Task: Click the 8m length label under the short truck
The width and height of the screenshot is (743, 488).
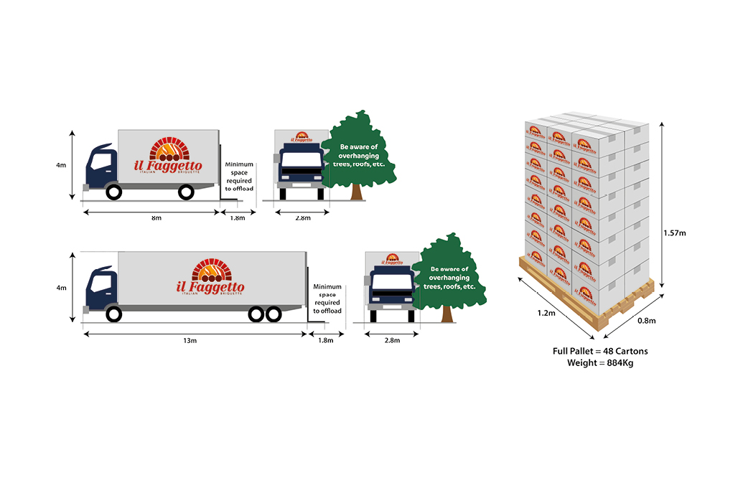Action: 156,217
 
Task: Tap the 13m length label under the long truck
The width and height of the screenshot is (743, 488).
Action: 190,340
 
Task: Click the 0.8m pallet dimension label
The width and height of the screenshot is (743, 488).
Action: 646,321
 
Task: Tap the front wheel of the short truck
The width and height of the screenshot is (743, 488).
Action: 113,192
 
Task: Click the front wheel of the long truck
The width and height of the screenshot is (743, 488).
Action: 113,314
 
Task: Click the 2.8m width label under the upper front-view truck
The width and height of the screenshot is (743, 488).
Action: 302,217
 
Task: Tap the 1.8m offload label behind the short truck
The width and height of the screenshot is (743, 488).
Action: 237,217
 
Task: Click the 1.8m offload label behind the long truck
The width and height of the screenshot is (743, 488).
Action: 327,340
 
